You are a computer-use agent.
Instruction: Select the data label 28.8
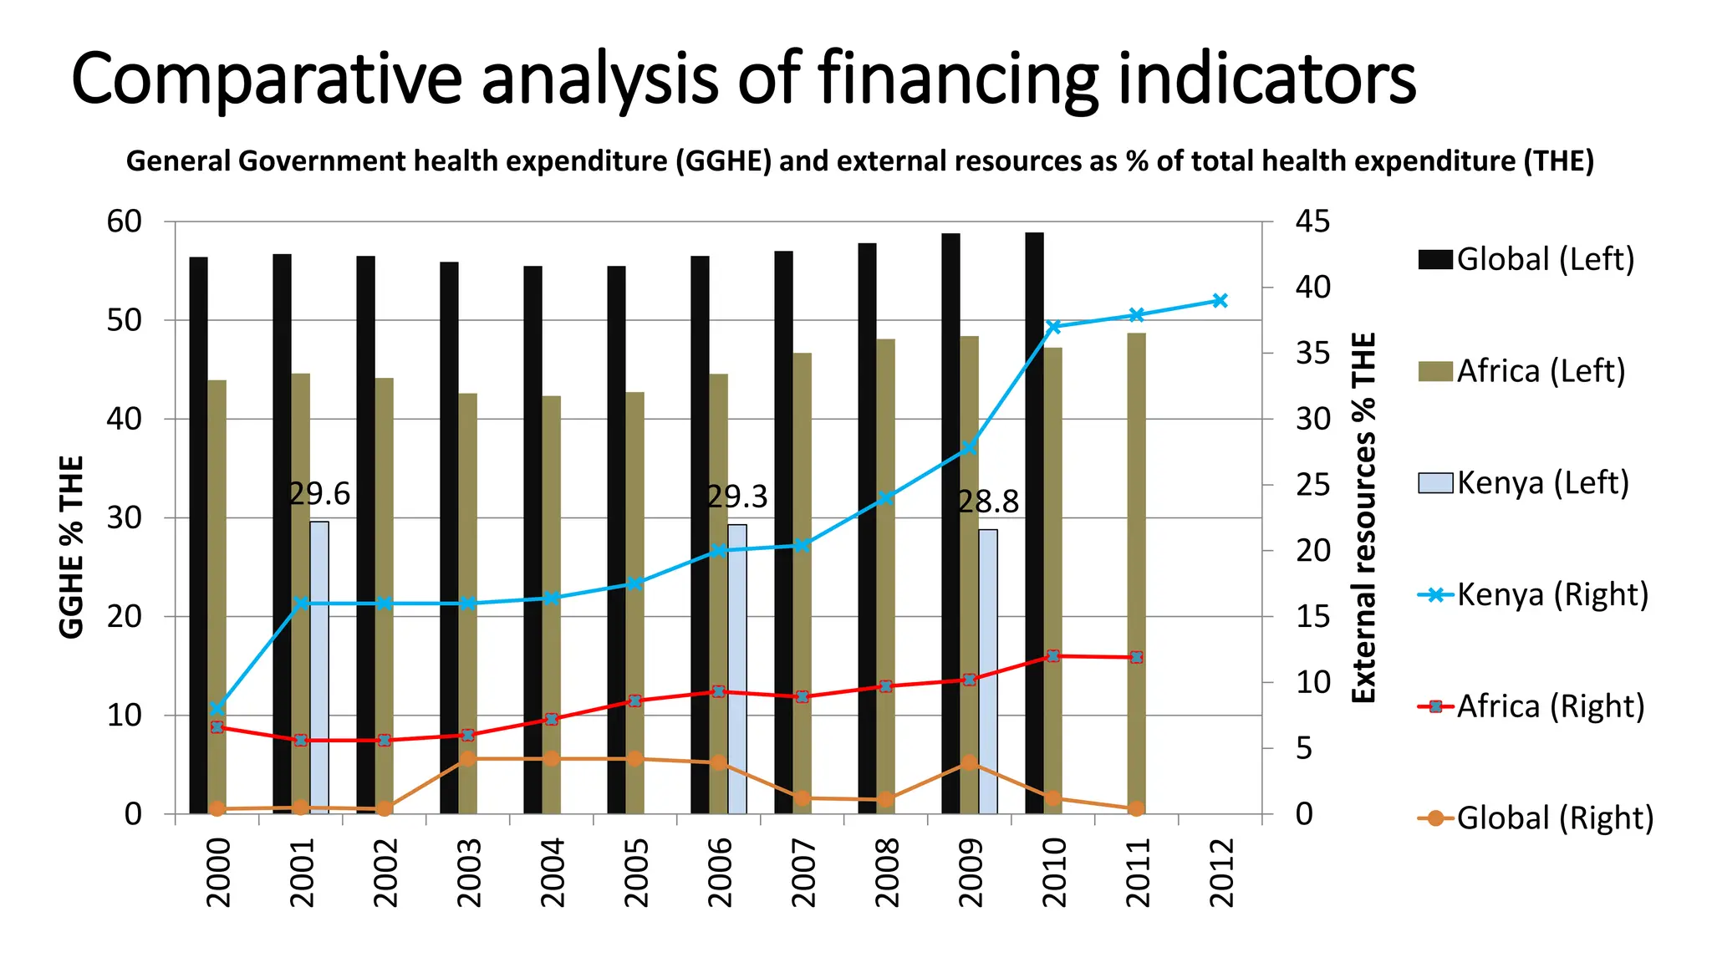(x=988, y=502)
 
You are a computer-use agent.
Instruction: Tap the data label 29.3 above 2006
(x=736, y=497)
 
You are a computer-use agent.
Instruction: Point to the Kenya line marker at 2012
(x=1220, y=301)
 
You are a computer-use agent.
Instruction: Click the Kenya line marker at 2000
(x=217, y=709)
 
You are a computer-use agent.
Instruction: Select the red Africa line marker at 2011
(x=1136, y=658)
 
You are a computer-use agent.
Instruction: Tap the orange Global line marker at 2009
(x=969, y=762)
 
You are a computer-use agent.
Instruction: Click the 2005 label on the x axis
(x=636, y=873)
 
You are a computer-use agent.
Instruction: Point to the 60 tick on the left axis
(x=125, y=222)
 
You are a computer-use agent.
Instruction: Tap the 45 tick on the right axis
(x=1312, y=222)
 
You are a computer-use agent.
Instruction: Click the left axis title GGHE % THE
(x=72, y=548)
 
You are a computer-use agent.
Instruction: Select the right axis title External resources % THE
(x=1363, y=518)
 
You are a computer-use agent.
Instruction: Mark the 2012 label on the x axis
(x=1221, y=873)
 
